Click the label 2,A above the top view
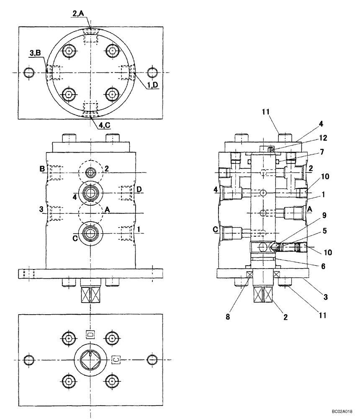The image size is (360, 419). click(x=79, y=14)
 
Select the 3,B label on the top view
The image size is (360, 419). click(x=35, y=52)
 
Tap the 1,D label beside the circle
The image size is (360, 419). click(x=152, y=85)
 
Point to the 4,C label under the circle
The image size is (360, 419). click(x=105, y=125)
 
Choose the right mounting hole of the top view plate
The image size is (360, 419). click(x=152, y=72)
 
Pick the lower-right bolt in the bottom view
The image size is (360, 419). click(x=111, y=381)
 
